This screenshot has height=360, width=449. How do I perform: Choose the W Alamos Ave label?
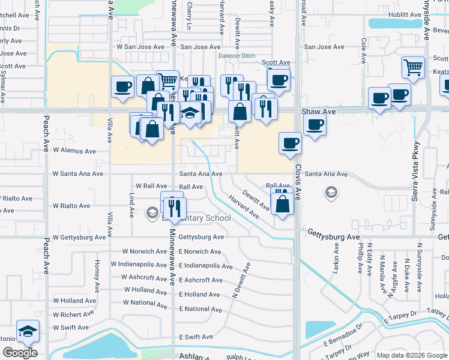pos(74,151)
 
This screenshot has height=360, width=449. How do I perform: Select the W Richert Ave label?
pos(73,314)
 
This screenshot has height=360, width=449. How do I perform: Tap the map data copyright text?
pos(411,355)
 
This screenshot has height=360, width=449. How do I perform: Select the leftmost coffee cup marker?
pos(122,86)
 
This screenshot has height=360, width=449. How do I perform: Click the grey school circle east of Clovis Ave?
pos(330,193)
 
